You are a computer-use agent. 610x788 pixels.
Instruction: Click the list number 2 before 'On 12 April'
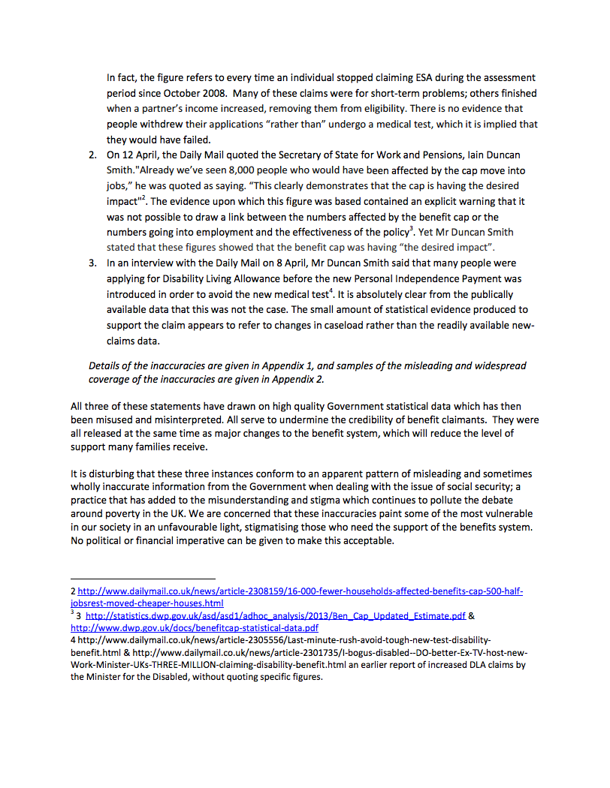[92, 155]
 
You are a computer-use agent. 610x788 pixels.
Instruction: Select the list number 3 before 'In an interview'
[92, 263]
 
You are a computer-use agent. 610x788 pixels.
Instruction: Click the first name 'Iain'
[472, 155]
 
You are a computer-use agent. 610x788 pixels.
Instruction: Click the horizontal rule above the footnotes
[143, 579]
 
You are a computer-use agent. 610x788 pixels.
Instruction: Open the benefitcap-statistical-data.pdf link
[195, 627]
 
